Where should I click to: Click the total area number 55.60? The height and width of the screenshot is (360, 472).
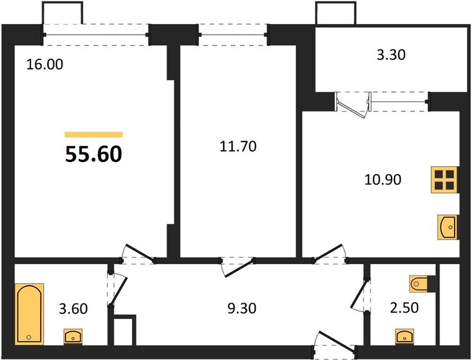point(94,154)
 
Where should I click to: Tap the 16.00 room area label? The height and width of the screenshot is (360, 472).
point(45,64)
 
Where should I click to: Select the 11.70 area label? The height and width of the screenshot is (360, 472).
point(238,146)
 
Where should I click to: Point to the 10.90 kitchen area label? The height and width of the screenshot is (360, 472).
point(383,180)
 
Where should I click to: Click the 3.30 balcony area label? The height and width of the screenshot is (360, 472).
point(391,55)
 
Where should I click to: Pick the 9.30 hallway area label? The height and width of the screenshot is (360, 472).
point(242,308)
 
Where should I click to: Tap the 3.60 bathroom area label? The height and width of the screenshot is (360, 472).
point(73,309)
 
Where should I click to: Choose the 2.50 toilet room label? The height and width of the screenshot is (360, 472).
point(404,308)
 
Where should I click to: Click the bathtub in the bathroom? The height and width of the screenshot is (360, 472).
point(29,314)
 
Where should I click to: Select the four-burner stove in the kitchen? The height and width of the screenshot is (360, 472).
point(444,180)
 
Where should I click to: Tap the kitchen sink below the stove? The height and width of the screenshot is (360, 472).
point(447,227)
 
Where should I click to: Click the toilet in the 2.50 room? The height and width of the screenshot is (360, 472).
point(420,283)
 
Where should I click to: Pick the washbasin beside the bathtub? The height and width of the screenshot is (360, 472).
point(73,336)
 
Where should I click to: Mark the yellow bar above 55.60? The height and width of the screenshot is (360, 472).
point(94,134)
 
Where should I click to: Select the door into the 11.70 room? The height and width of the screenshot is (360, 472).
point(237,266)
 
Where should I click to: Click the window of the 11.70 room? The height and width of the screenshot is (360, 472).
point(233,35)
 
